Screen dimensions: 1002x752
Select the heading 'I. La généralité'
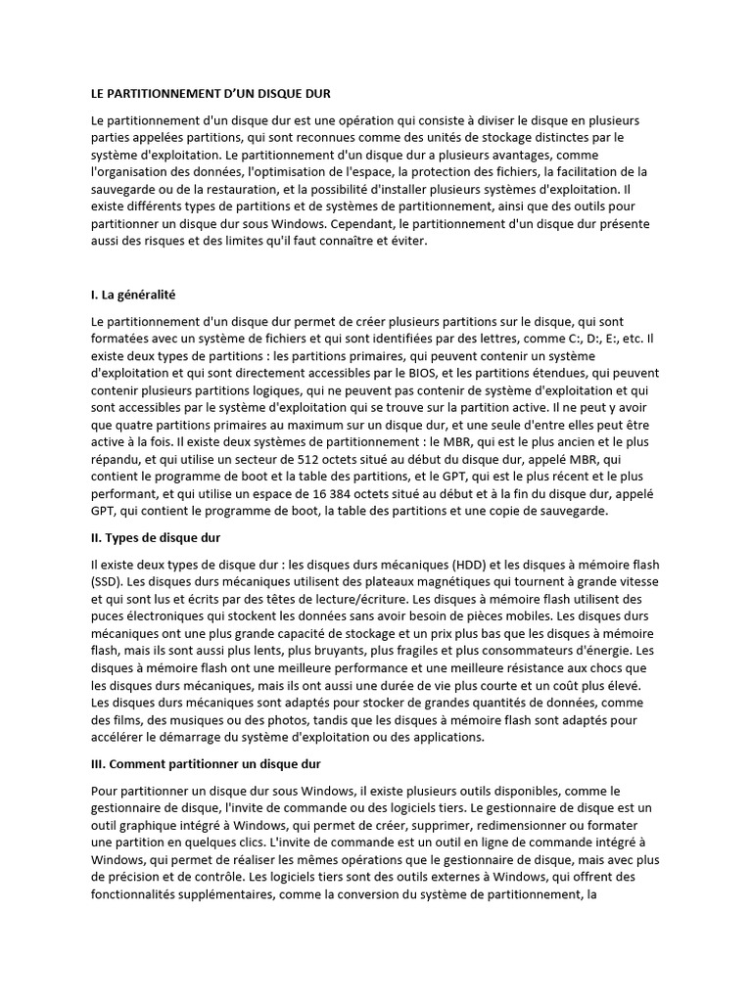click(132, 295)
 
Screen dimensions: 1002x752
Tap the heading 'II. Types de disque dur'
click(157, 538)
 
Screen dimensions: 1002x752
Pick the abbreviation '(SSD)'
click(106, 582)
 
